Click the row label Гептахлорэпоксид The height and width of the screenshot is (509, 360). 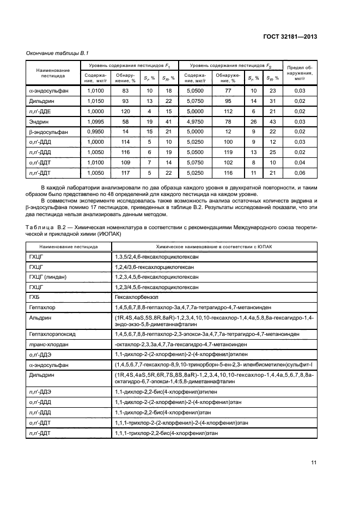coord(51,333)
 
